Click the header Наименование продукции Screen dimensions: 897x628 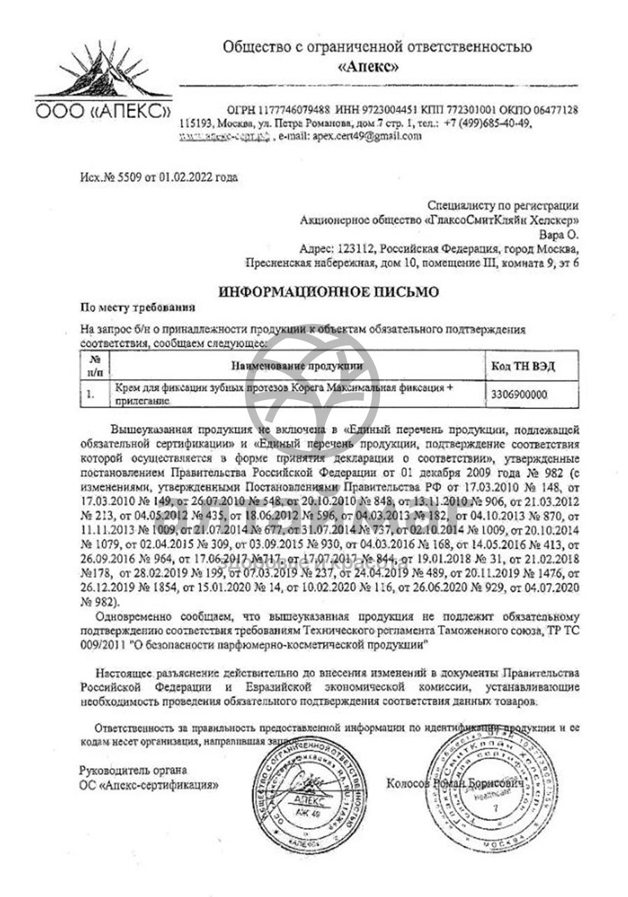[297, 365]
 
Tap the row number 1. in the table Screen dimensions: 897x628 [91, 394]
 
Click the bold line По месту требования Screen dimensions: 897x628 [137, 306]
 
